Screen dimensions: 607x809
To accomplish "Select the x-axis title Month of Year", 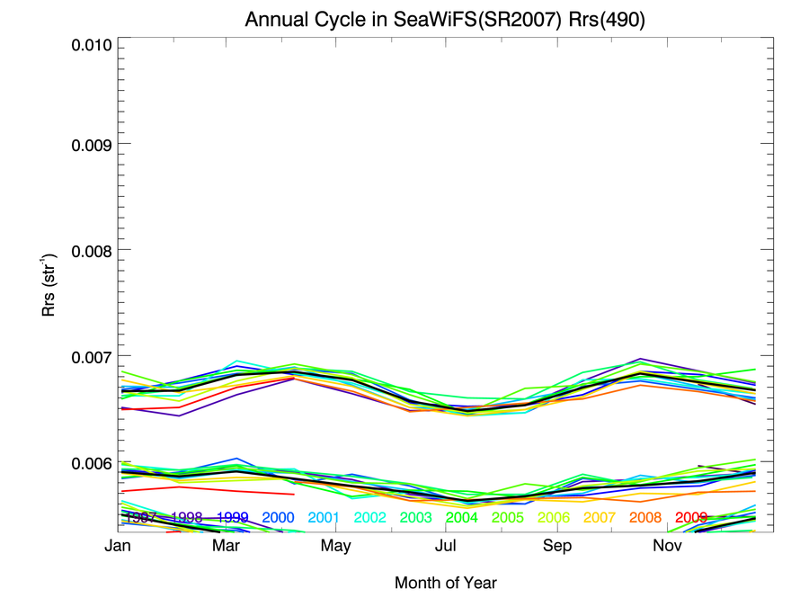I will pyautogui.click(x=445, y=583).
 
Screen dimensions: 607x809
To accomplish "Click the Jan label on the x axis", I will pyautogui.click(x=118, y=546).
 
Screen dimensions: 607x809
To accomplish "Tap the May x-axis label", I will pyautogui.click(x=336, y=546).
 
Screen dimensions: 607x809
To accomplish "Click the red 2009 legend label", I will pyautogui.click(x=691, y=518).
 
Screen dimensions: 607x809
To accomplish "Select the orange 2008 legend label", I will pyautogui.click(x=645, y=518).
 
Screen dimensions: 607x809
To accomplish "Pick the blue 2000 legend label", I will pyautogui.click(x=279, y=518).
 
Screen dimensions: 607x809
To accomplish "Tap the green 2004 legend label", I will pyautogui.click(x=461, y=518).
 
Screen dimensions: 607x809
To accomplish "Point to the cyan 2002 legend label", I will pyautogui.click(x=370, y=518).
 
